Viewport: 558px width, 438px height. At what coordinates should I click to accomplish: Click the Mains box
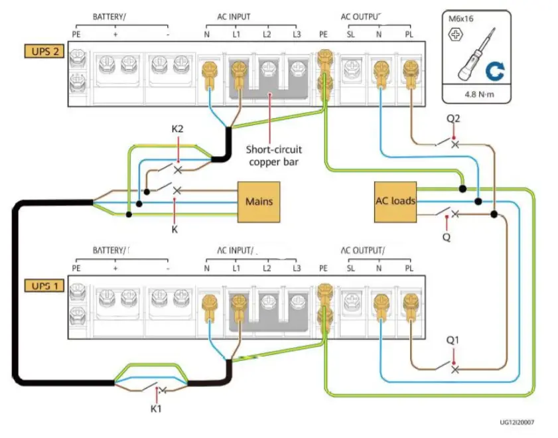259,202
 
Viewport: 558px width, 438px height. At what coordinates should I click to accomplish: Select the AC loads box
395,202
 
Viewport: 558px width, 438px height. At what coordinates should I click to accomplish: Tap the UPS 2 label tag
44,51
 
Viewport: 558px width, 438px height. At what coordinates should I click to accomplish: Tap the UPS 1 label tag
44,286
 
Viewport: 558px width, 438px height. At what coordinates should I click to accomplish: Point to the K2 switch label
177,129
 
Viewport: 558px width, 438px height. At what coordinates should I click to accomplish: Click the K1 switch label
156,409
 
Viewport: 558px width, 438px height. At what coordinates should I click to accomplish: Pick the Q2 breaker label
453,119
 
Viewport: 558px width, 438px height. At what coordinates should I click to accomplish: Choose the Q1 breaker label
453,340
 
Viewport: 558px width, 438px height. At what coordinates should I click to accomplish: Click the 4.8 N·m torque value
479,95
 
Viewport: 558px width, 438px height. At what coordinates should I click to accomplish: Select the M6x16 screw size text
461,19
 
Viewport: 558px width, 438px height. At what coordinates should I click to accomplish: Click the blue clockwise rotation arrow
495,70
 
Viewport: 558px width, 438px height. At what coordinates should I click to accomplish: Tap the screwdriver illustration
476,54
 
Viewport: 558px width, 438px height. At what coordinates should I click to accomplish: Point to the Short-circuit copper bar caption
273,155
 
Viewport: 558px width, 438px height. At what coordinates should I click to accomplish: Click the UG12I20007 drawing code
517,422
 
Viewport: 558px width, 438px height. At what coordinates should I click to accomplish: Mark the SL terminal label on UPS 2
351,35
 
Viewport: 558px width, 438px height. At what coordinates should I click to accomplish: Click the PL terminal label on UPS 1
409,268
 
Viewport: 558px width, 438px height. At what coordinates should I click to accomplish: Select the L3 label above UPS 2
297,35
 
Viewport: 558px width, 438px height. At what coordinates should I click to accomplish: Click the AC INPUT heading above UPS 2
234,17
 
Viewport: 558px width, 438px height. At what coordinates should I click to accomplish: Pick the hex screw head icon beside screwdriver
456,35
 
